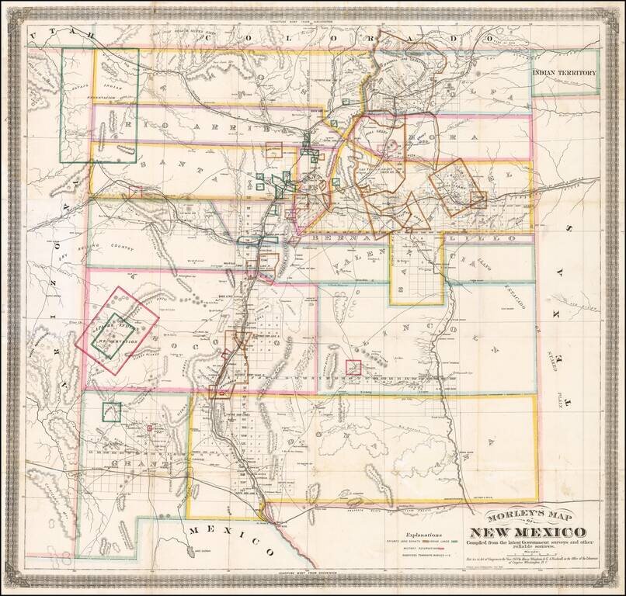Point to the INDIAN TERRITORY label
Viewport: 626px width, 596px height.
click(x=565, y=74)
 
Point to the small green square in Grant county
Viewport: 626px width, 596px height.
click(x=112, y=411)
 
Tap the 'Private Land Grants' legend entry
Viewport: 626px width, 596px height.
click(x=405, y=541)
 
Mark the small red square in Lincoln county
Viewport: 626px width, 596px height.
click(x=353, y=367)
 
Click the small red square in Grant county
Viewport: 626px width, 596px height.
click(x=148, y=427)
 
